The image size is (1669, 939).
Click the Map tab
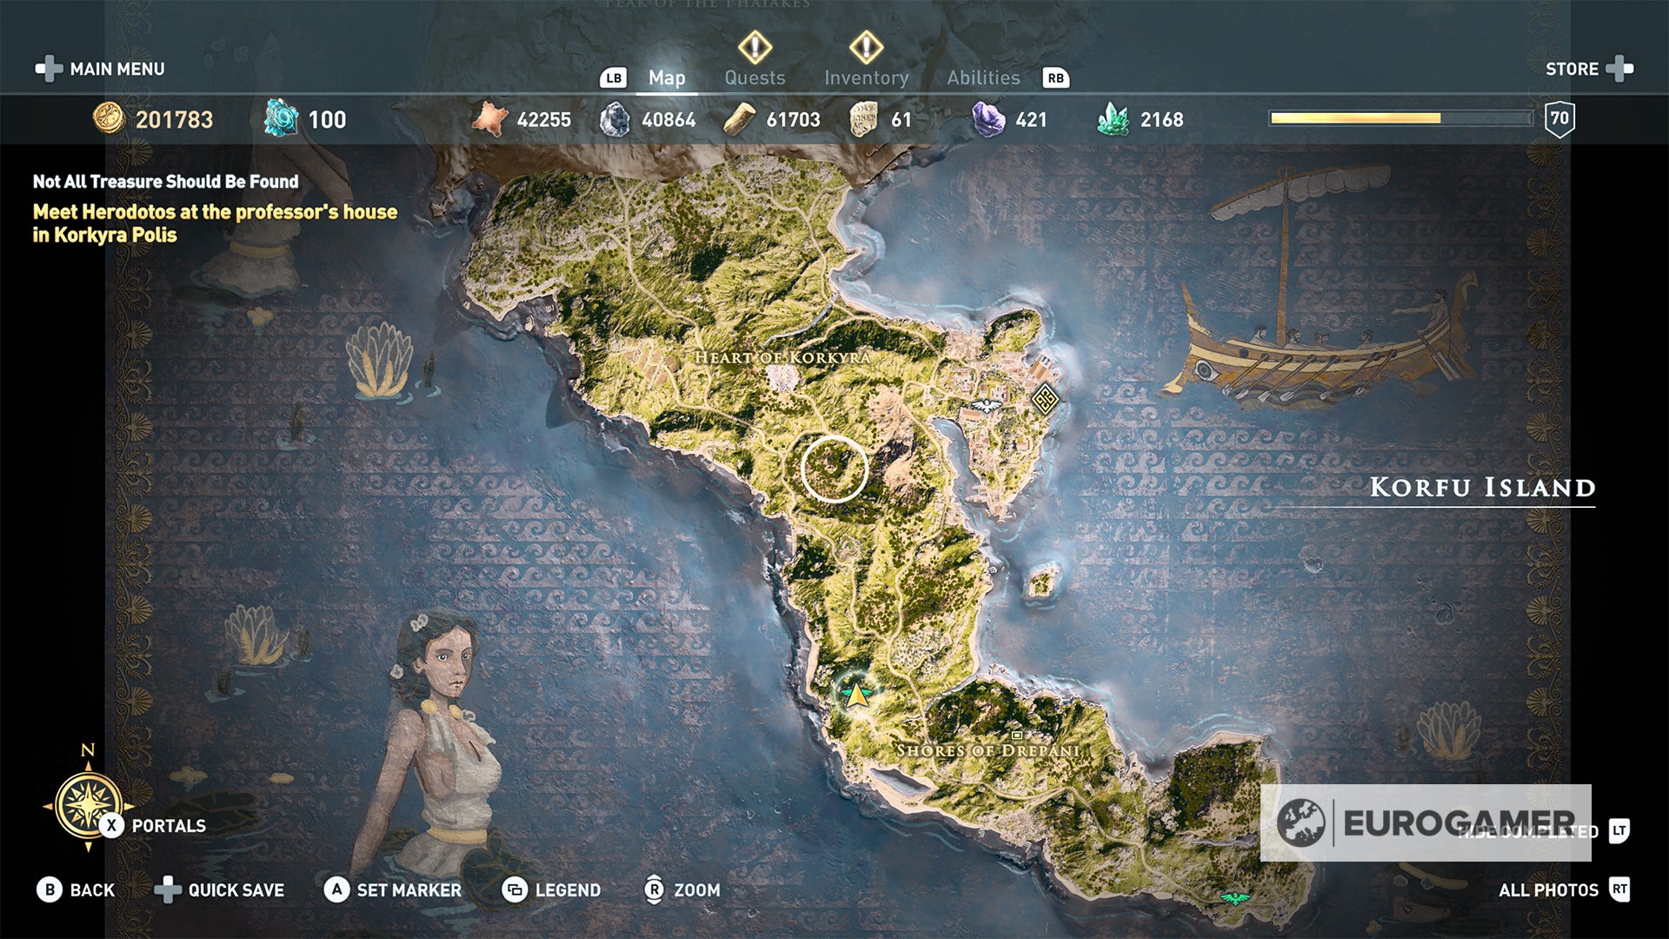[x=667, y=78]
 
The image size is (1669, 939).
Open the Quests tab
[x=755, y=78]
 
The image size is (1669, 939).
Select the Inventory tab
[x=866, y=78]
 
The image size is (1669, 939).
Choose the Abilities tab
[x=983, y=78]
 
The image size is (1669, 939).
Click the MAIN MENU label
[x=116, y=69]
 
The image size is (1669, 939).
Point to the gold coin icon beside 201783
[x=109, y=118]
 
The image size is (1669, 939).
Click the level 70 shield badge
[x=1559, y=119]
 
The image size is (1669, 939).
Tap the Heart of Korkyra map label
[x=782, y=357]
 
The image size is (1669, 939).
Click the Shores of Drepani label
[x=988, y=750]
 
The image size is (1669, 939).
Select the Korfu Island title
[x=1482, y=488]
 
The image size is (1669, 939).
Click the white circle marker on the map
[x=834, y=469]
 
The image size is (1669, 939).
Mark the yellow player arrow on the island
[x=858, y=695]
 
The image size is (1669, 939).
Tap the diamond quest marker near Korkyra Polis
[x=1045, y=399]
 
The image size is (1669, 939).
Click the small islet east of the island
[x=1042, y=580]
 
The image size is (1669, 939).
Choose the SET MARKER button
[x=393, y=890]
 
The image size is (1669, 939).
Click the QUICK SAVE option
[x=220, y=890]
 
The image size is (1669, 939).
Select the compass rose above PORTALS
[x=88, y=804]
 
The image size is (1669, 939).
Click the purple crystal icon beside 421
[x=987, y=119]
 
